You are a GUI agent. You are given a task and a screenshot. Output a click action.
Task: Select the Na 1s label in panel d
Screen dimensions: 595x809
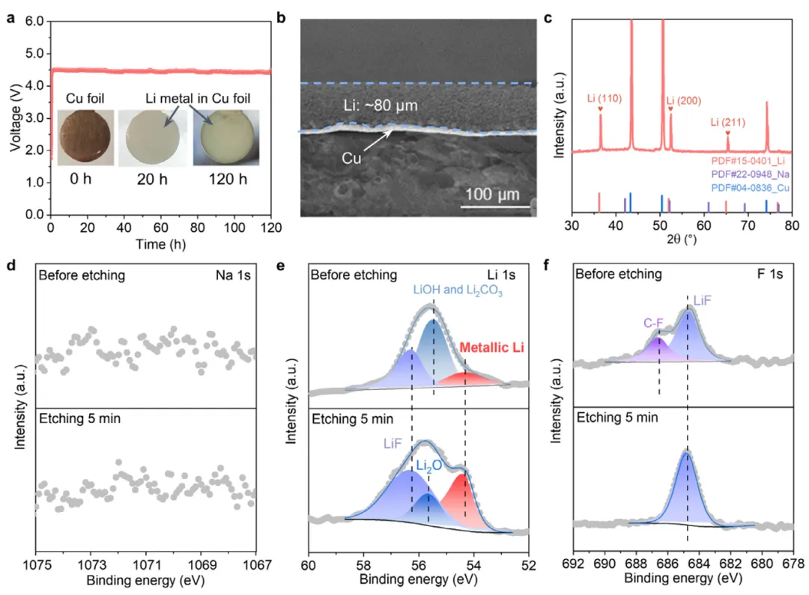coord(236,275)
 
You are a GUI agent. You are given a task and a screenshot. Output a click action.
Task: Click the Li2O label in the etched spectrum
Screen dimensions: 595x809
coord(428,466)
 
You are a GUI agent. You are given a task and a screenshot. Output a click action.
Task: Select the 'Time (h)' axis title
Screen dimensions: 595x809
coord(160,243)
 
